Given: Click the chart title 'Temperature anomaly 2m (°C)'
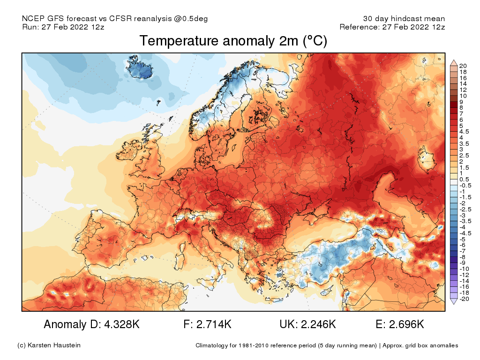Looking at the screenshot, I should [x=233, y=41].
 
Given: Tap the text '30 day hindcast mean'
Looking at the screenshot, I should [x=404, y=19].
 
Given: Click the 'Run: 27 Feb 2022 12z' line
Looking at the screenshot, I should [x=63, y=27].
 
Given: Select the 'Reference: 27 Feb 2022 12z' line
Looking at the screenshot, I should [x=392, y=27].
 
